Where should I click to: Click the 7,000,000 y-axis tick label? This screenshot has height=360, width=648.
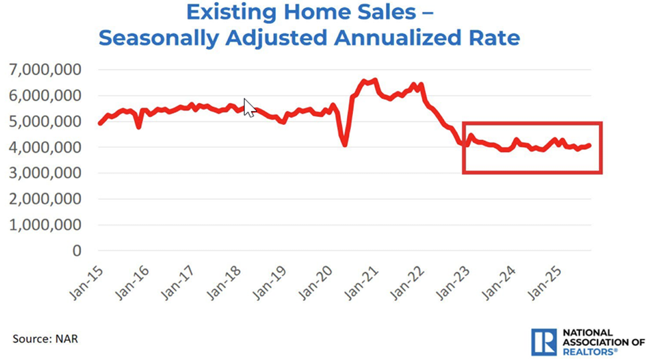point(45,69)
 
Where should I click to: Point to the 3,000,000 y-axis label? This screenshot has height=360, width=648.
point(45,173)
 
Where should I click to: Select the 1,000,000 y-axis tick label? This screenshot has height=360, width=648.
point(45,225)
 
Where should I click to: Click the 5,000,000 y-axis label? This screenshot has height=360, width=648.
point(45,121)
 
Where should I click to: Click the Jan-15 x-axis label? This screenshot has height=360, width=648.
point(85,283)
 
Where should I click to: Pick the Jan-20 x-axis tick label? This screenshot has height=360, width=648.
point(316,283)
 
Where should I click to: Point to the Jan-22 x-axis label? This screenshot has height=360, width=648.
point(408,283)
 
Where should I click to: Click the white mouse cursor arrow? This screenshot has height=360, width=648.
point(249,107)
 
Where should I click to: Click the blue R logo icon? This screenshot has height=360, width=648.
point(544,341)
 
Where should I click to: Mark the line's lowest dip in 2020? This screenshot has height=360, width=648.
point(345,144)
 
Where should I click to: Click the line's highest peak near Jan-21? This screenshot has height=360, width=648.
point(376,80)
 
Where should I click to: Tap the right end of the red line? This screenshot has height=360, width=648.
point(589,145)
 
